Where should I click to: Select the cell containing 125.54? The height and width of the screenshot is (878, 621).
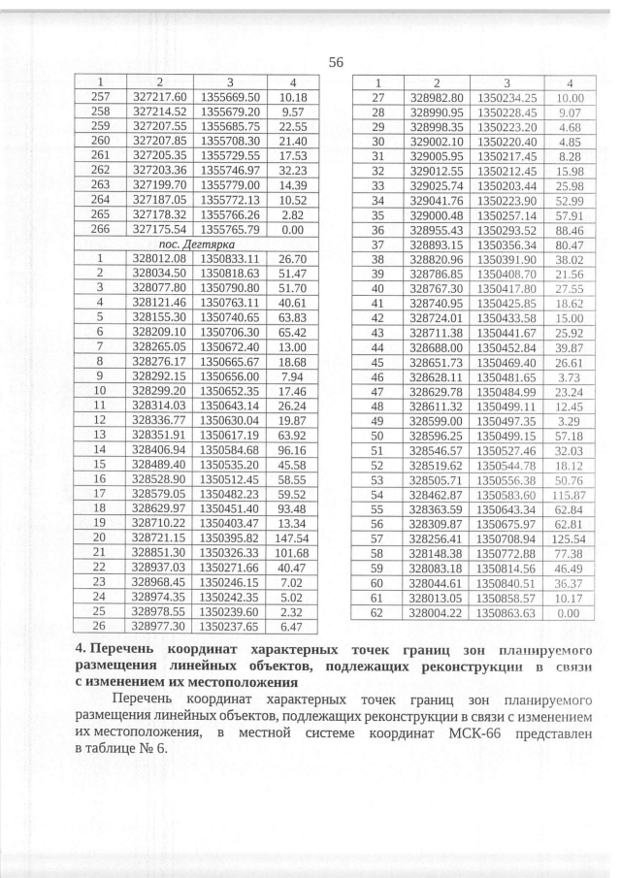(570, 566)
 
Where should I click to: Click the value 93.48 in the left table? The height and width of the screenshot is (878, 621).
(292, 506)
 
